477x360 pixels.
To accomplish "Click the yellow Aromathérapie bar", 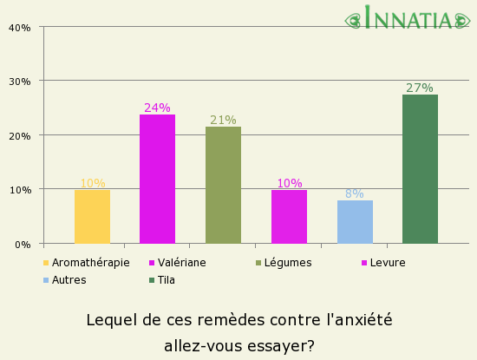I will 92,217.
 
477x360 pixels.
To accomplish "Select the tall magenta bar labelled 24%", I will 157,179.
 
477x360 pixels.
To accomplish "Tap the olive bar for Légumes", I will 223,185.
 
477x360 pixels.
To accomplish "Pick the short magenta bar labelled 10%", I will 289,217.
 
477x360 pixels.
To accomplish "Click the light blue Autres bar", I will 355,222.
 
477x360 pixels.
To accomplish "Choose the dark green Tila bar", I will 420,169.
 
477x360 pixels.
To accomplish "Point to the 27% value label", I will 420,88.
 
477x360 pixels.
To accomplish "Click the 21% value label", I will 223,120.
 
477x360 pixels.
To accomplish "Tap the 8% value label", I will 355,193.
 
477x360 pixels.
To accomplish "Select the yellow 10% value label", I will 92,183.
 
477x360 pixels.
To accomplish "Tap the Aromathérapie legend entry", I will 90,263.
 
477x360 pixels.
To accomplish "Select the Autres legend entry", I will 69,280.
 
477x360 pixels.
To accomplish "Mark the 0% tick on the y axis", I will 23,244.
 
